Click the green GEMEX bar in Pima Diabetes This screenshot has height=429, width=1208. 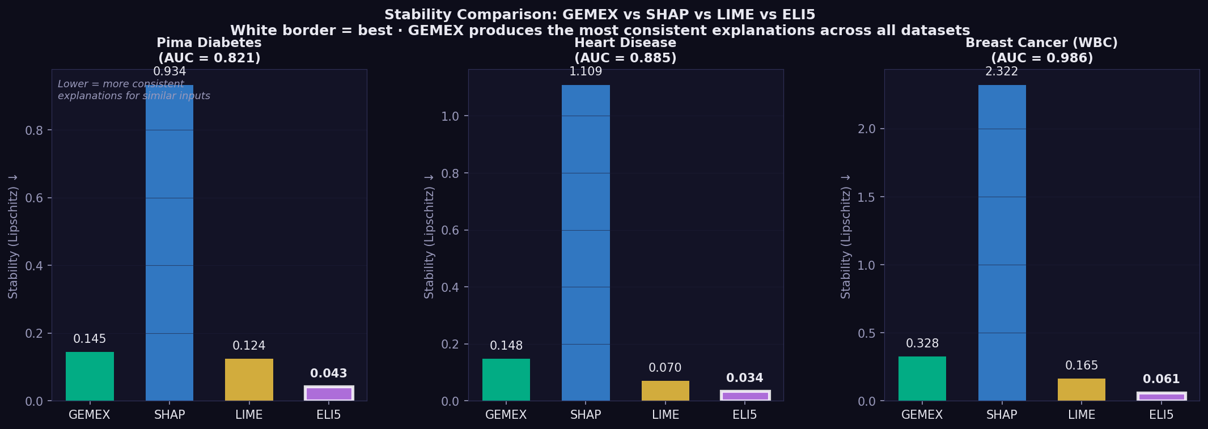pos(90,376)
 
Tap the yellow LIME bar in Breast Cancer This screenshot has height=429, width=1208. pos(1081,389)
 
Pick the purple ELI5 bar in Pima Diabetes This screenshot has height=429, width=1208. pos(329,394)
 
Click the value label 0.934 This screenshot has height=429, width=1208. pos(169,72)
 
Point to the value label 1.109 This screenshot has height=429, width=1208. pos(586,72)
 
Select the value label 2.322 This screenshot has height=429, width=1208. pos(1002,72)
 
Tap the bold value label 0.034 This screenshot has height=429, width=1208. pos(744,378)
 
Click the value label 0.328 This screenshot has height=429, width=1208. pos(922,343)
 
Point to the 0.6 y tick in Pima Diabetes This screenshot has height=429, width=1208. pos(34,198)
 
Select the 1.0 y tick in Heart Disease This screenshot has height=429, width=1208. pos(450,116)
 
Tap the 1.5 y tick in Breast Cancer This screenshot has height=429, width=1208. pos(867,197)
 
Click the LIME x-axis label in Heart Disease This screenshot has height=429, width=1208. pos(665,415)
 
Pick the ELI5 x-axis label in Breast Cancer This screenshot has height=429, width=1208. pos(1161,415)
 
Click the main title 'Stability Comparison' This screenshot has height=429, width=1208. pos(600,15)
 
